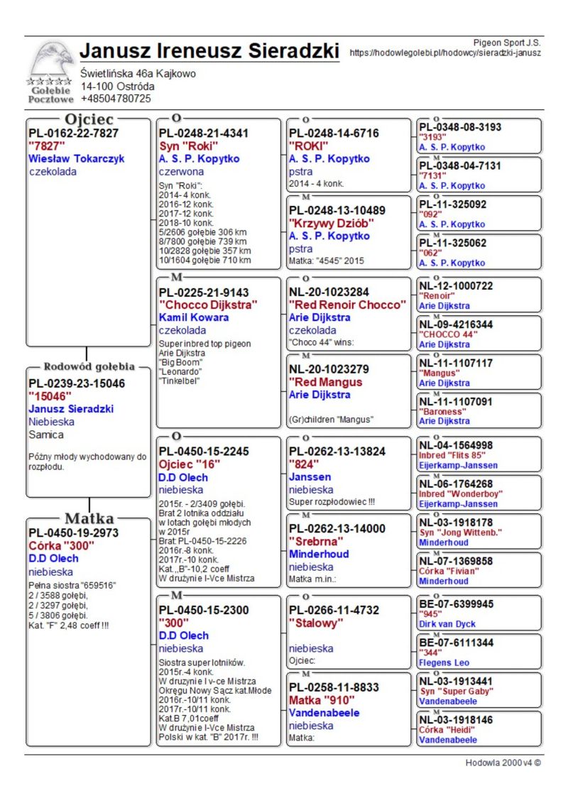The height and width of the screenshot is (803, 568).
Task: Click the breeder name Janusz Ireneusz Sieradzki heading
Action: point(209,51)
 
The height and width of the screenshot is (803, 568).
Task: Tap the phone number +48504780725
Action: point(115,99)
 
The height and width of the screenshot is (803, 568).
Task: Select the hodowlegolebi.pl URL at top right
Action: point(446,53)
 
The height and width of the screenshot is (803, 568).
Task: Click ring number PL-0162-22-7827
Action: point(73,133)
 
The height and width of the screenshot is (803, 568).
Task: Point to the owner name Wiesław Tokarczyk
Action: point(76,158)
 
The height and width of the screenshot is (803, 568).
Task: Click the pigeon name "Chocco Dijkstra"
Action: point(207,305)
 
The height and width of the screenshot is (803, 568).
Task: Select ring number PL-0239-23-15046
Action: point(76,383)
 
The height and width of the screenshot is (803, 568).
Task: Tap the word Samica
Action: point(46,435)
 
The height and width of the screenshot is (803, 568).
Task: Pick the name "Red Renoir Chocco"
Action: point(347,305)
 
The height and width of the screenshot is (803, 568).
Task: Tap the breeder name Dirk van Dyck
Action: point(447,624)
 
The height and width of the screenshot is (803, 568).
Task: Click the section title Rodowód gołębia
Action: point(89,367)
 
